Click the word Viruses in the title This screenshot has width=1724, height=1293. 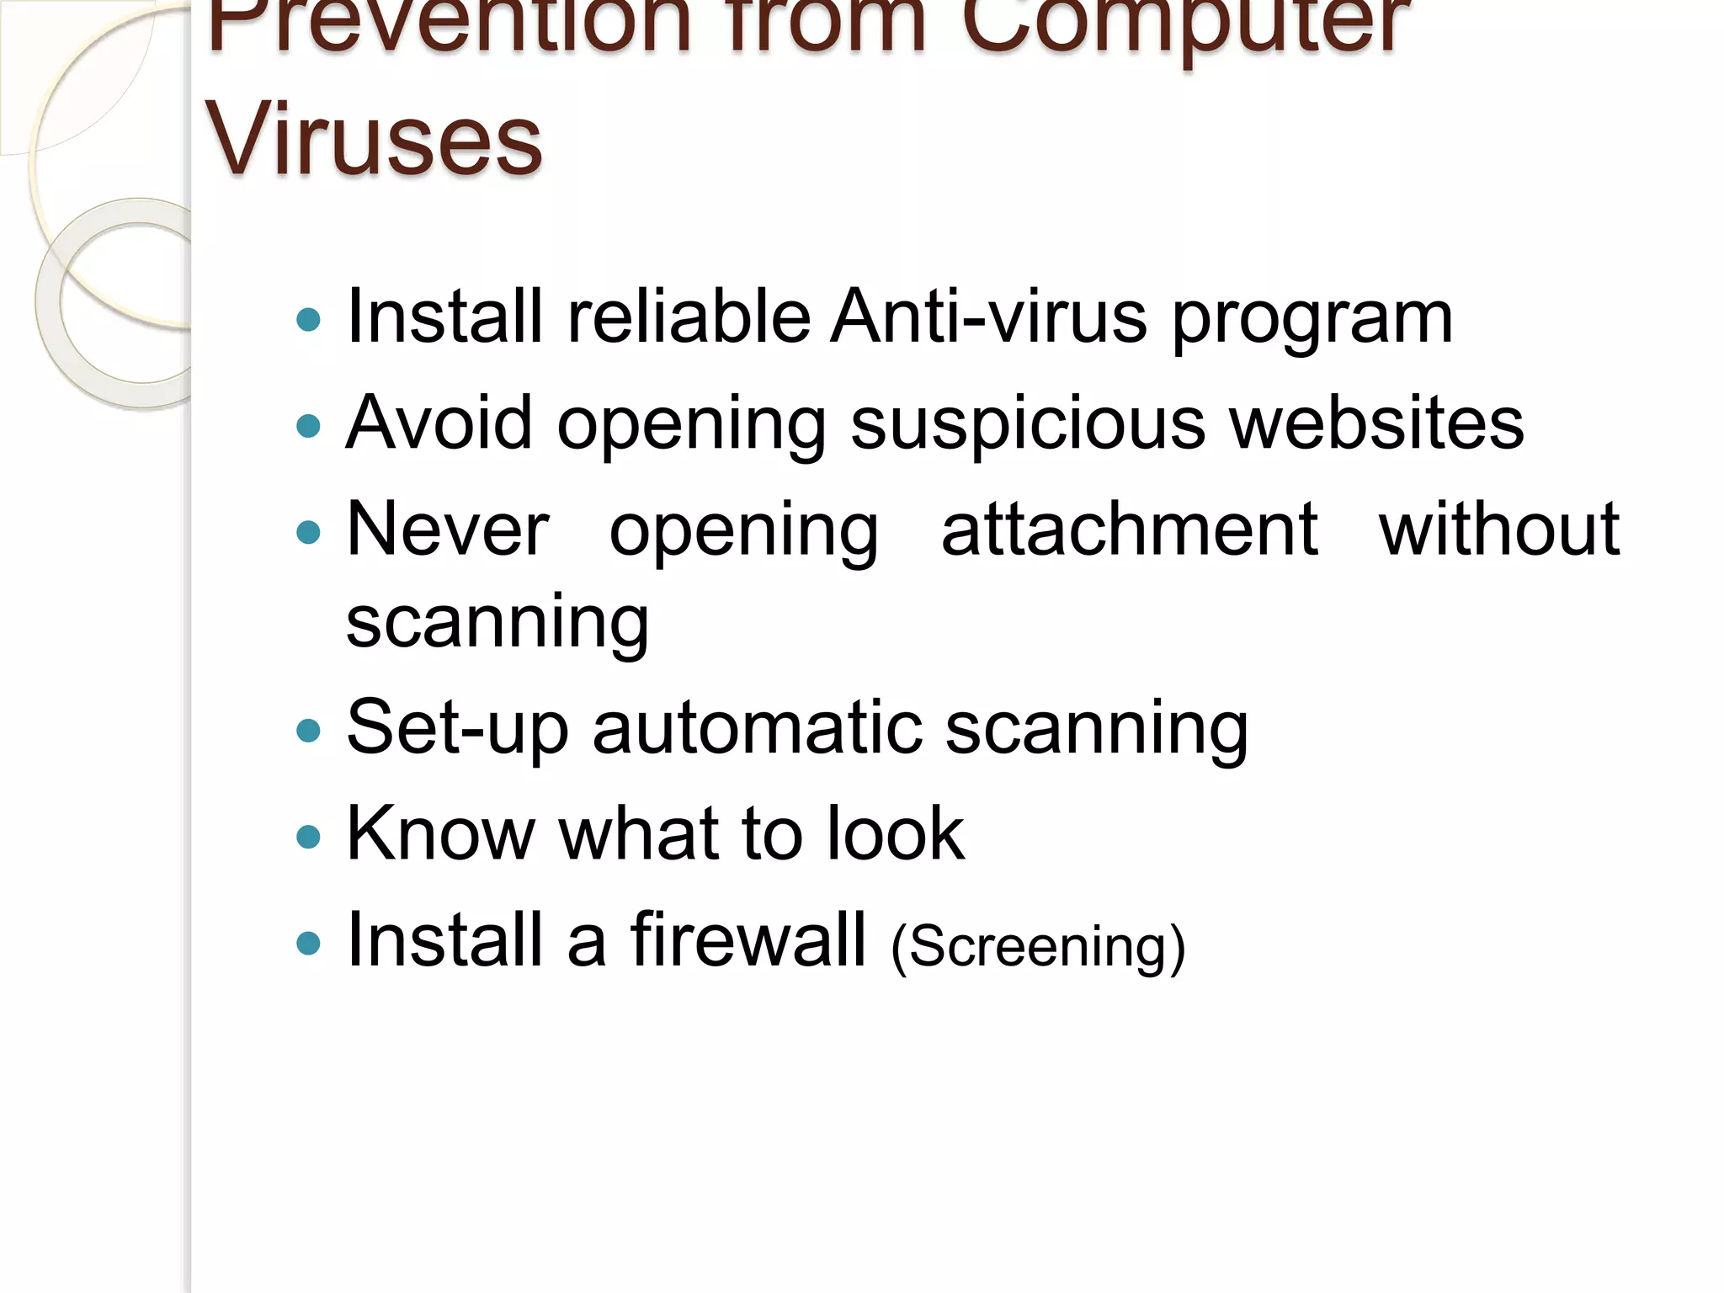point(374,139)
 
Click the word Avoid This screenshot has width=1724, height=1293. point(439,423)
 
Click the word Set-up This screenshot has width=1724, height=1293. point(457,728)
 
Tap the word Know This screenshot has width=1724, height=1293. point(440,833)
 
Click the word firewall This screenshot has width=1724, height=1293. point(748,939)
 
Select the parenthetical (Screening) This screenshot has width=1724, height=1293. point(1038,947)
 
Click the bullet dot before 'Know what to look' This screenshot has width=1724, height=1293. point(309,837)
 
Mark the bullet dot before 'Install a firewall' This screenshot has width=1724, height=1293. point(309,943)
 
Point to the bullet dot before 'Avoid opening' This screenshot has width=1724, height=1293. point(309,426)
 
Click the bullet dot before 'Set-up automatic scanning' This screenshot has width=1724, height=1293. point(309,731)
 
